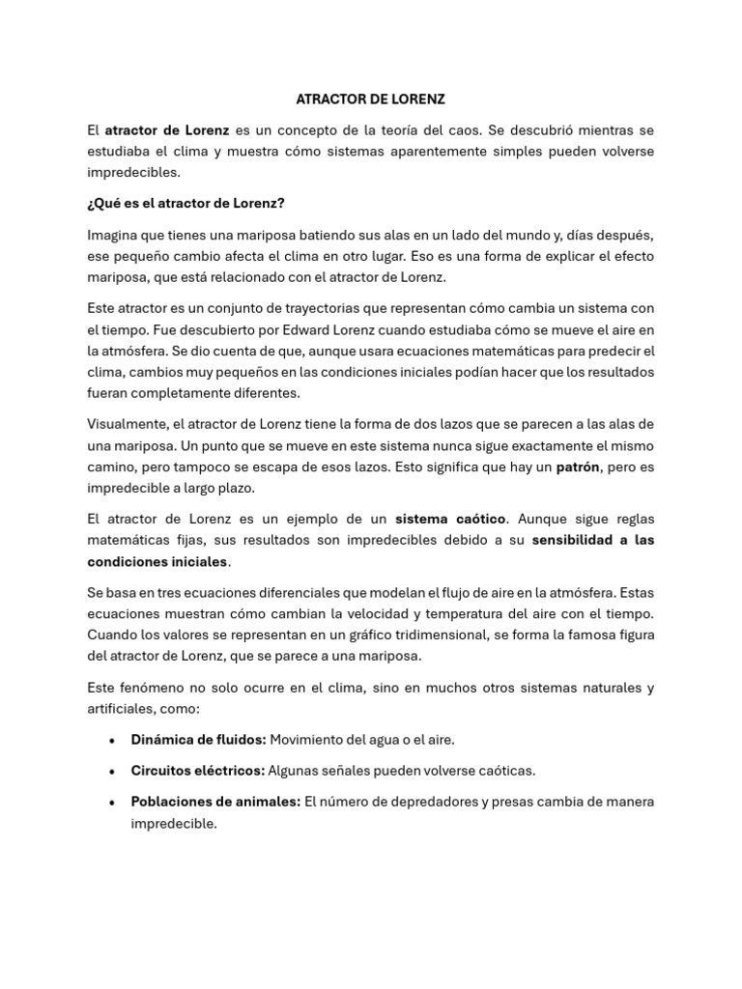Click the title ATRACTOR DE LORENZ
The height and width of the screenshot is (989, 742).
[370, 99]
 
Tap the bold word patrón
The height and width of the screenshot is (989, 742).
[578, 467]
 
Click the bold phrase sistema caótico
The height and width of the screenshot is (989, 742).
[450, 517]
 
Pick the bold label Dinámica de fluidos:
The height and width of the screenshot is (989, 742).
[198, 740]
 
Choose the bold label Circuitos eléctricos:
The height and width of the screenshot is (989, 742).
[197, 771]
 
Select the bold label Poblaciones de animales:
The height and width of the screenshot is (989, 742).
[215, 802]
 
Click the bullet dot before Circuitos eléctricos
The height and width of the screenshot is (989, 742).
[113, 771]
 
